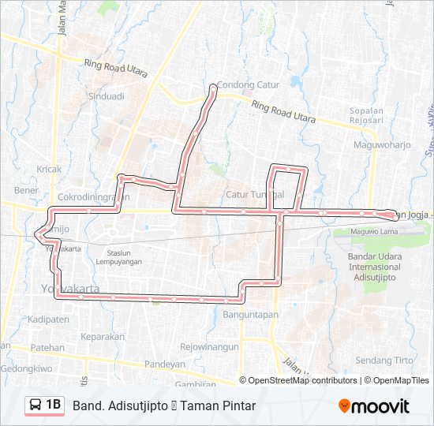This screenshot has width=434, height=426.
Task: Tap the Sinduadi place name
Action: click(x=106, y=96)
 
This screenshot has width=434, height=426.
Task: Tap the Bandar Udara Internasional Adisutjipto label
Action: click(x=374, y=267)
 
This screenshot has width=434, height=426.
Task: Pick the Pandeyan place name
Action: click(x=165, y=364)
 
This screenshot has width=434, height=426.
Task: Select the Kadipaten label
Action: click(x=48, y=319)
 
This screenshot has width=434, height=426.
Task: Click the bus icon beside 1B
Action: click(x=36, y=405)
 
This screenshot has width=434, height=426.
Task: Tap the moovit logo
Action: click(x=374, y=406)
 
